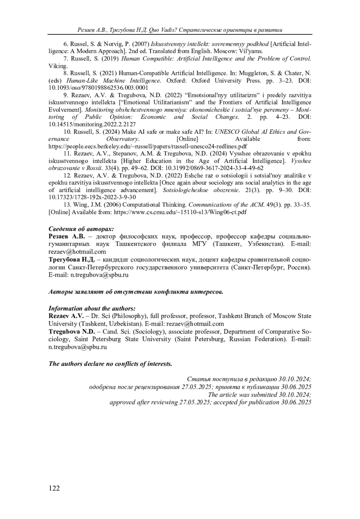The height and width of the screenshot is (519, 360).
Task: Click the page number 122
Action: coord(54,488)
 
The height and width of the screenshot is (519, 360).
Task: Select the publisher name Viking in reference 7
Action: coord(58,66)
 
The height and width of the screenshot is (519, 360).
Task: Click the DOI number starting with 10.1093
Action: coord(98,88)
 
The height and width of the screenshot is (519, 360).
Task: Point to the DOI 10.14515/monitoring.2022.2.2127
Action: coord(92,124)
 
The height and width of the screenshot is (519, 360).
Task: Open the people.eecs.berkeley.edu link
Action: coord(148,146)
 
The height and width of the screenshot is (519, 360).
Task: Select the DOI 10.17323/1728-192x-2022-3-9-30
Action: coord(92,197)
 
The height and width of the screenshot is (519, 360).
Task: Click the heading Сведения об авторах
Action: coord(81,229)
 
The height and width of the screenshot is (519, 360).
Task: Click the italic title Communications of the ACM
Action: coord(227,205)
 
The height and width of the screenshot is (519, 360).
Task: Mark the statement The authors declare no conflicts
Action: coord(110,364)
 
